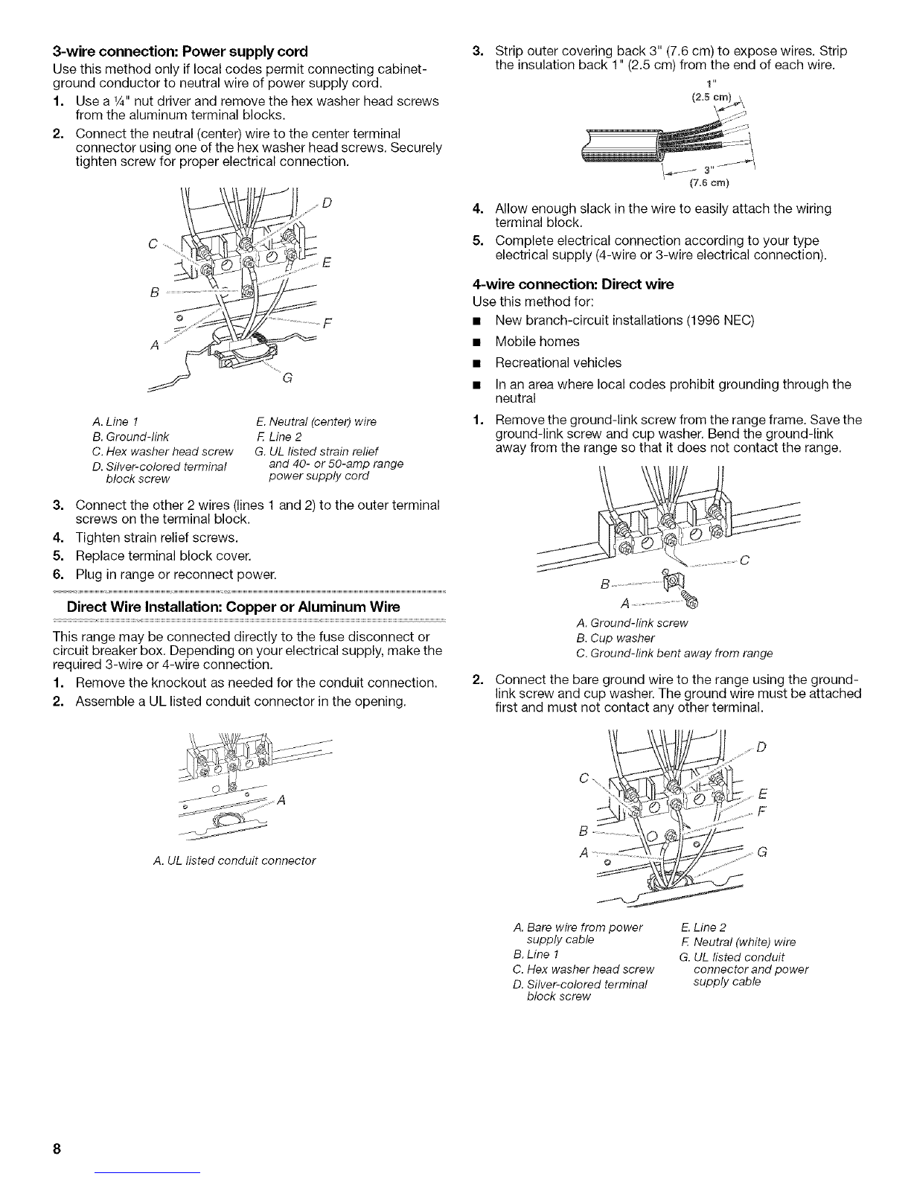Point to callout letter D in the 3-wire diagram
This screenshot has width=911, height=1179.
pos(328,203)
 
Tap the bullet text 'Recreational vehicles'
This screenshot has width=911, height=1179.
pos(557,362)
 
